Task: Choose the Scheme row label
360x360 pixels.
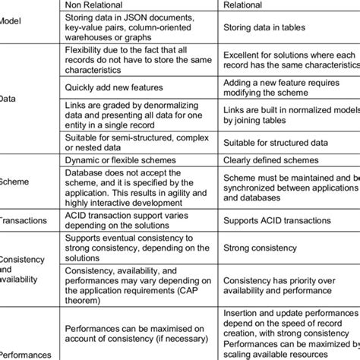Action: click(14, 183)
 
